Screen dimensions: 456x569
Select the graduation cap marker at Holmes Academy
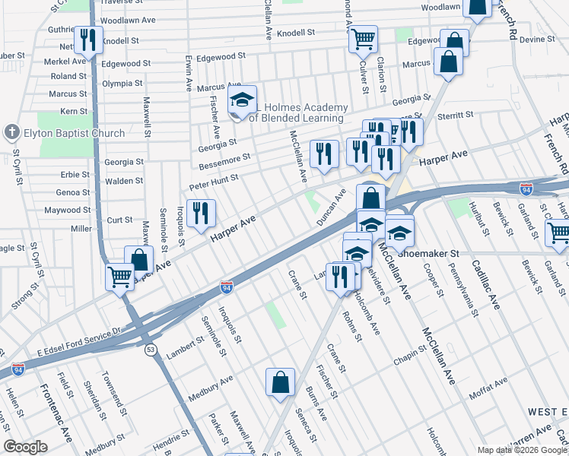point(242,102)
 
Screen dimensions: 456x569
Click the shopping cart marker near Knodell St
point(364,37)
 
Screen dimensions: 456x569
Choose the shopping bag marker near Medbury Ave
point(280,382)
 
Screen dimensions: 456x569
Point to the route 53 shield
point(151,349)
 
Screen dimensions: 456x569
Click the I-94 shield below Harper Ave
point(226,287)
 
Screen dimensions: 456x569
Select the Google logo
point(26,447)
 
